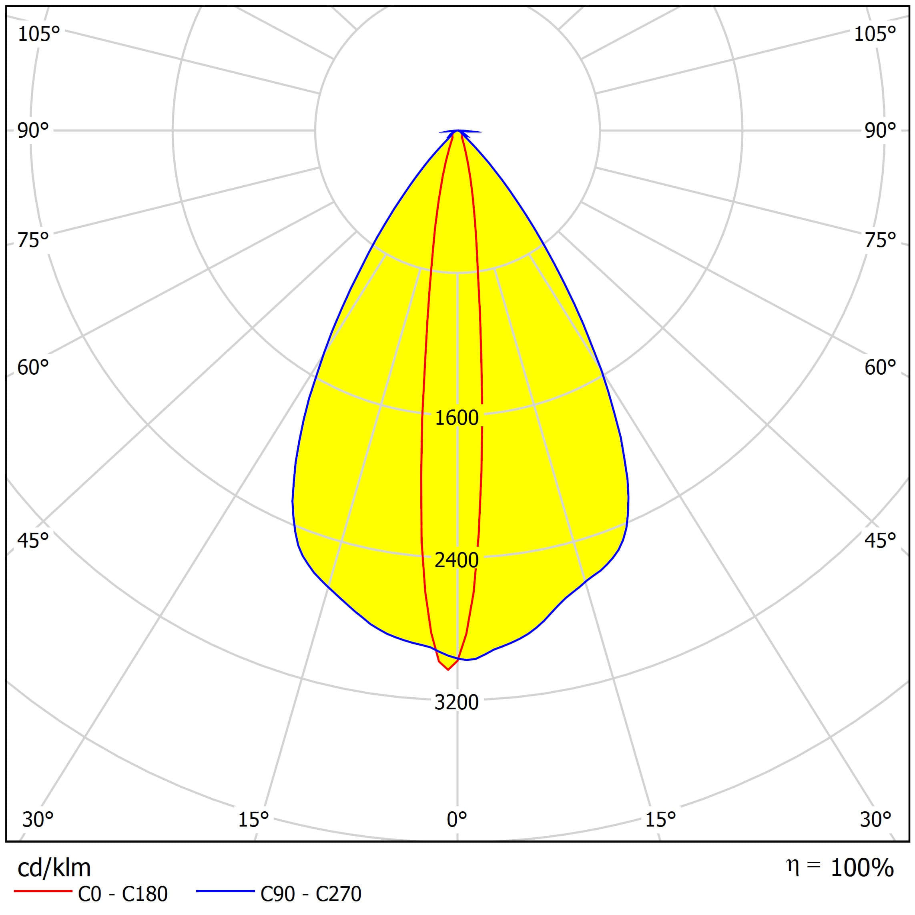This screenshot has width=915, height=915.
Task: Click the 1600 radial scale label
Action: pos(457,418)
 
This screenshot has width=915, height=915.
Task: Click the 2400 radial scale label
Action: pos(457,560)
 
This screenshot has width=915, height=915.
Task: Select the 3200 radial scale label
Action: pos(457,702)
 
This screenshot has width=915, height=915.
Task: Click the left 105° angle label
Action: pos(39,34)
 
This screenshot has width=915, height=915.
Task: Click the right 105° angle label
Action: pos(875,34)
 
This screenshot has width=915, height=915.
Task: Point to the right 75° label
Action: pos(880,241)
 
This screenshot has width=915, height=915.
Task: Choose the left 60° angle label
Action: pos(33,367)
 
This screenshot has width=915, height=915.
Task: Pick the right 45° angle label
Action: pos(880,540)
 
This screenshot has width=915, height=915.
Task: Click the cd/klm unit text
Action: pos(54,868)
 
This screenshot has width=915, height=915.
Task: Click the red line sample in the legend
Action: pos(42,892)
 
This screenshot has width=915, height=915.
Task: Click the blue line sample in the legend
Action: pos(225,892)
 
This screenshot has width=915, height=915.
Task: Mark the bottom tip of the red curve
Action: pos(448,670)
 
